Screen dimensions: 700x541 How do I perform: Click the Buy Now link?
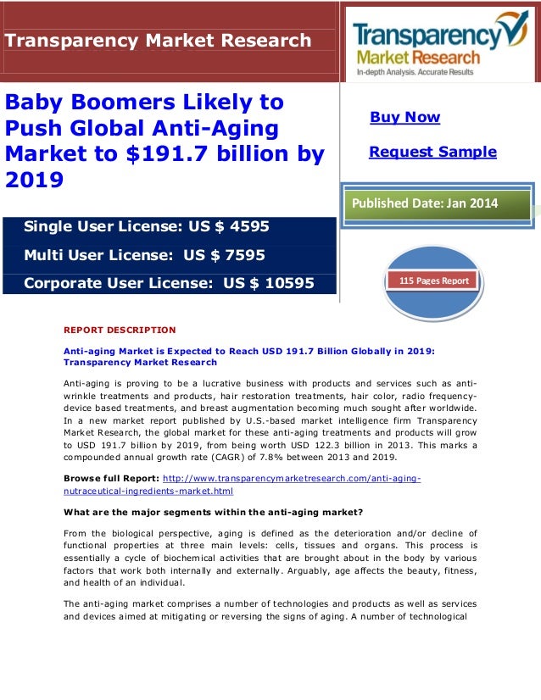[404, 117]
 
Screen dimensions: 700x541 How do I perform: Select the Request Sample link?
[432, 152]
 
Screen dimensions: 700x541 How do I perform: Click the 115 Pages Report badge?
[433, 281]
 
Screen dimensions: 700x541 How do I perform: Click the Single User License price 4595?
[245, 226]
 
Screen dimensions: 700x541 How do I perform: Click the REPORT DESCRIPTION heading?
[120, 330]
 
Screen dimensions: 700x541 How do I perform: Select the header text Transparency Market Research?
[159, 40]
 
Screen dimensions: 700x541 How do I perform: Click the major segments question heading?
[213, 511]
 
